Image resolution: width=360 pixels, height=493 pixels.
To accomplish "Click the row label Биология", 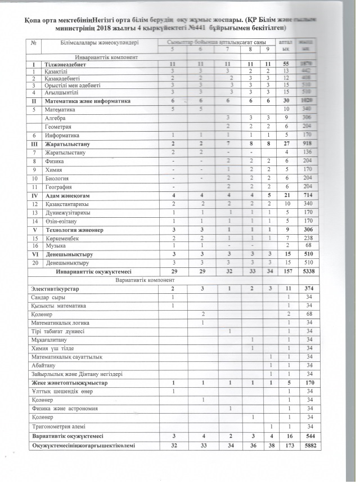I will point(58,177).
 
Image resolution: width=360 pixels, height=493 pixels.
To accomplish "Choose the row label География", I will point(59,186).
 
